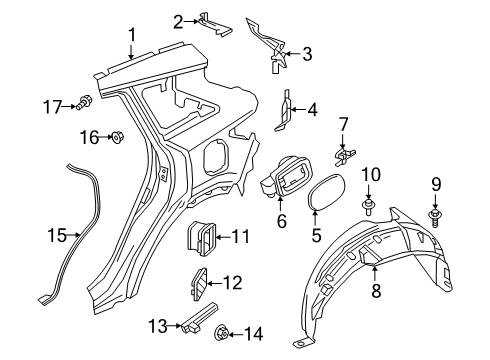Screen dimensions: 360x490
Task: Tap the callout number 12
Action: tap(232, 283)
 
